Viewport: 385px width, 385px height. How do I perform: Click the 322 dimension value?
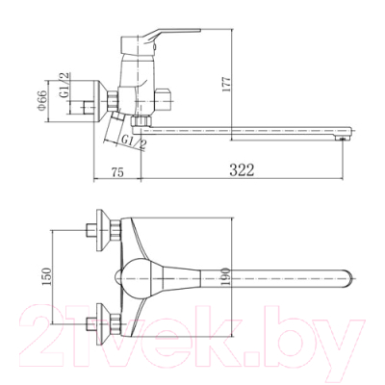pyautogui.click(x=242, y=170)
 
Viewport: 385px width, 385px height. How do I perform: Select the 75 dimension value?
pyautogui.click(x=117, y=172)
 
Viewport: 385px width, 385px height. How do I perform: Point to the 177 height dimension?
pyautogui.click(x=227, y=85)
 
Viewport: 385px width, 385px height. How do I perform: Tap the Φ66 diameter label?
pyautogui.click(x=42, y=101)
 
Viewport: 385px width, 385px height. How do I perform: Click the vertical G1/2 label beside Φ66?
pyautogui.click(x=64, y=85)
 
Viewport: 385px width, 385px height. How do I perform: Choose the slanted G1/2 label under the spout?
pyautogui.click(x=134, y=142)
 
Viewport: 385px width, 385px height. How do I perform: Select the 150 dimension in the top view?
pyautogui.click(x=47, y=276)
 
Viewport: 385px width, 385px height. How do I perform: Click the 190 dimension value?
pyautogui.click(x=226, y=277)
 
